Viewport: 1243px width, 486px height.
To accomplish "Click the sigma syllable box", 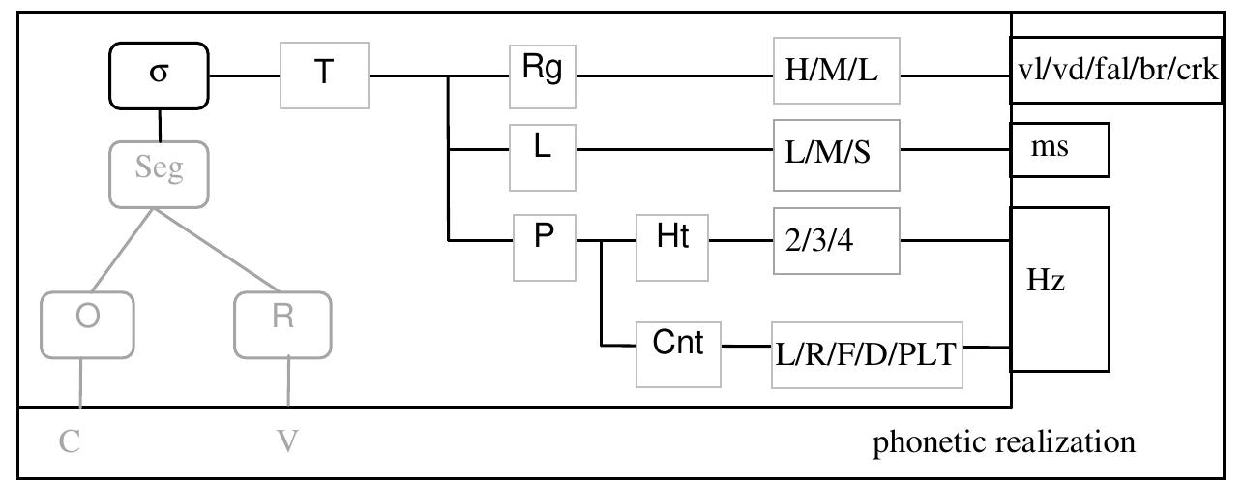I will coord(158,76).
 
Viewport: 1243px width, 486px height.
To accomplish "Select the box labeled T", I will coord(324,76).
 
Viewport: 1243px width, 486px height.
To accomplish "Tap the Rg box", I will coord(542,75).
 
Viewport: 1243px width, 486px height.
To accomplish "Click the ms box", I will coord(1059,150).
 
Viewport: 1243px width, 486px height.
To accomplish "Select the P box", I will coord(544,239).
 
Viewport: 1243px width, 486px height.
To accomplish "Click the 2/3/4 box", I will coord(837,239).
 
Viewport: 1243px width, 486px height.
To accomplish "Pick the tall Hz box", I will coord(1059,289).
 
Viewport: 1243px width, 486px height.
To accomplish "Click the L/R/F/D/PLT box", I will coord(869,353).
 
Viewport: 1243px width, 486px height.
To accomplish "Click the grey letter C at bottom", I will coord(70,442).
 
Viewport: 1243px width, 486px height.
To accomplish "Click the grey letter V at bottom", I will coord(287,442).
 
